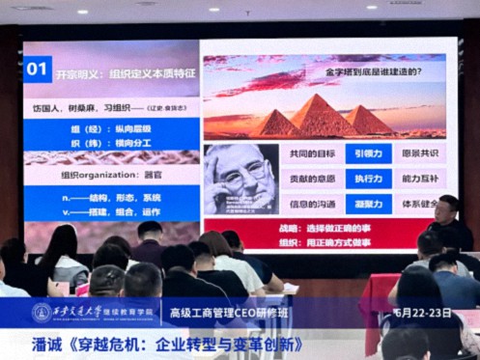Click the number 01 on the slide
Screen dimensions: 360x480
[38, 69]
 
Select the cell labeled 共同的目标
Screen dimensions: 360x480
[311, 153]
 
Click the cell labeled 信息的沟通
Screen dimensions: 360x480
[311, 205]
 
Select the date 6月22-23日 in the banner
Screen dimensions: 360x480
[424, 313]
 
